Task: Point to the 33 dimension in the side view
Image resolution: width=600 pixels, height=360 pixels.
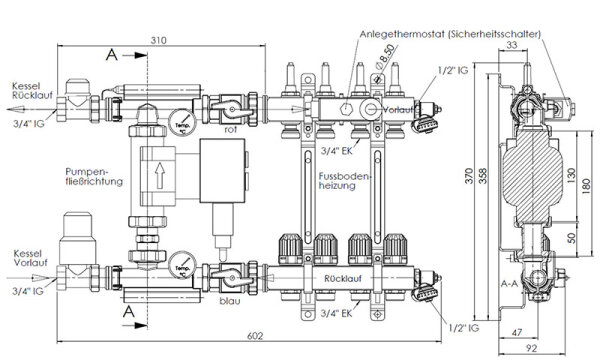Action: click(541, 43)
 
